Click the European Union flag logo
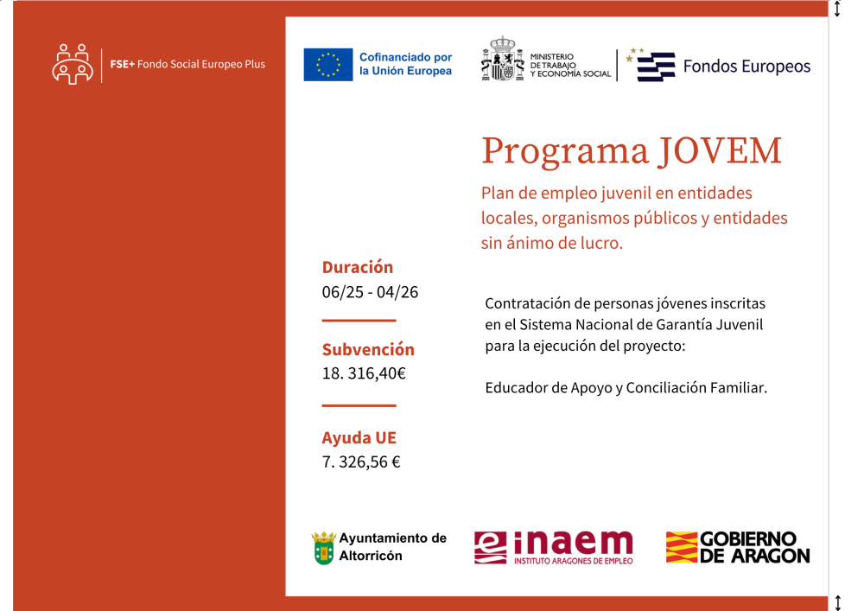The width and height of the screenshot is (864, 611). click(x=328, y=65)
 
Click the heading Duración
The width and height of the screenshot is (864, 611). click(x=357, y=267)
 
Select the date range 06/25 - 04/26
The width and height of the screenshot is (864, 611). click(x=370, y=292)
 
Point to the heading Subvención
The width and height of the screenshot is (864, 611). click(x=368, y=349)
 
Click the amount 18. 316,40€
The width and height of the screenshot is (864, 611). click(x=364, y=374)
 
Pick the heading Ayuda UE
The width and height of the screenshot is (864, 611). click(x=359, y=437)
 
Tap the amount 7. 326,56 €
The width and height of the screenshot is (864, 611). click(x=361, y=462)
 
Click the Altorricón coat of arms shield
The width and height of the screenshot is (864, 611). click(x=323, y=548)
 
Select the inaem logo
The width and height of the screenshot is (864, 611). click(x=553, y=547)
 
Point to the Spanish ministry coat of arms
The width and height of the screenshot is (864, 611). click(x=501, y=60)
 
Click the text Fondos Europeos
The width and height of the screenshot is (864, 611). click(x=746, y=67)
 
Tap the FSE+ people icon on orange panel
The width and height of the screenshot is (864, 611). click(x=73, y=64)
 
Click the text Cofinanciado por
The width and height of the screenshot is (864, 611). click(x=405, y=56)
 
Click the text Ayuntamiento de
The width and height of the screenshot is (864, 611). click(x=393, y=538)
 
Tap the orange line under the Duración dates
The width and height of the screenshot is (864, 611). click(x=359, y=321)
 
